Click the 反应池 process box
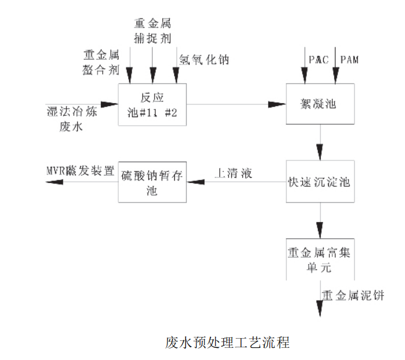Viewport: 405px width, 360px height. (x=152, y=104)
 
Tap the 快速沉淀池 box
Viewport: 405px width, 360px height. (x=318, y=181)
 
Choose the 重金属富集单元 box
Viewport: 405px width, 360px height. (x=318, y=260)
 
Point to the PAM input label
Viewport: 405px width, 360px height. (x=350, y=59)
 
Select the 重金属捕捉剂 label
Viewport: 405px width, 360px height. (x=152, y=31)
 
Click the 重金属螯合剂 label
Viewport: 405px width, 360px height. (x=102, y=62)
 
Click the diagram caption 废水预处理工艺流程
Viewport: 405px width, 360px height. (x=227, y=342)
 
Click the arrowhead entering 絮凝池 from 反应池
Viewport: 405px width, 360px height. (x=277, y=104)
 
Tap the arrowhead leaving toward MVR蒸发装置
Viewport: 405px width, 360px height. (x=54, y=182)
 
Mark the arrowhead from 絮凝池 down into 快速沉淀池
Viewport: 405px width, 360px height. (x=318, y=154)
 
